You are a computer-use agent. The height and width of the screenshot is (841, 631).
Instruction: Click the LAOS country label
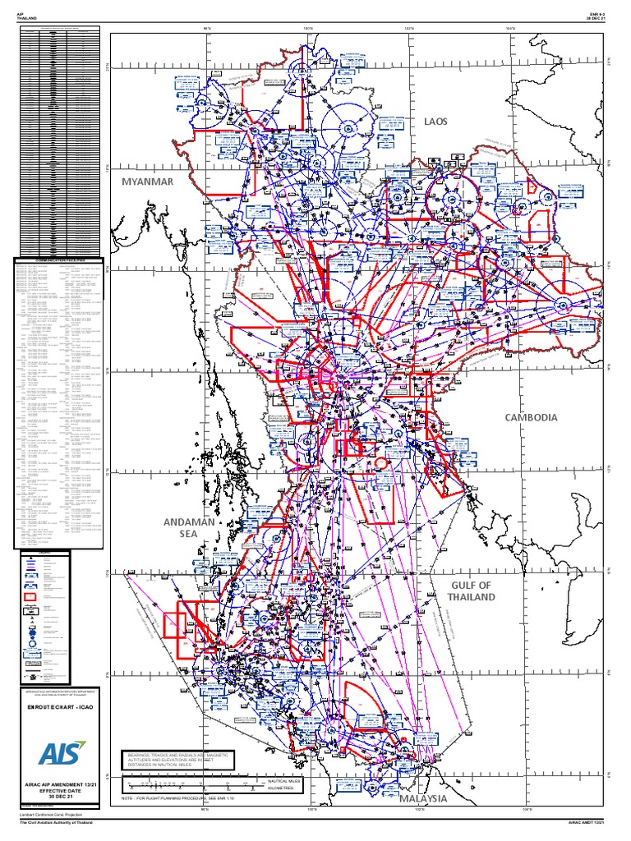tap(436, 122)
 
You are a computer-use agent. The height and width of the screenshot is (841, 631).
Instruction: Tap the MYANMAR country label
tap(148, 181)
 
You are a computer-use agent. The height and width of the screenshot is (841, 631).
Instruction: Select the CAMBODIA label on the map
tap(532, 417)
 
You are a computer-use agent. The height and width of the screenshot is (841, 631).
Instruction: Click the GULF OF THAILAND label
tap(472, 591)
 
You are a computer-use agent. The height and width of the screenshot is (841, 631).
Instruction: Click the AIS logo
tap(60, 756)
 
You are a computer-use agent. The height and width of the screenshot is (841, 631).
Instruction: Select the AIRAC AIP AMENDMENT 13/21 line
tap(60, 785)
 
